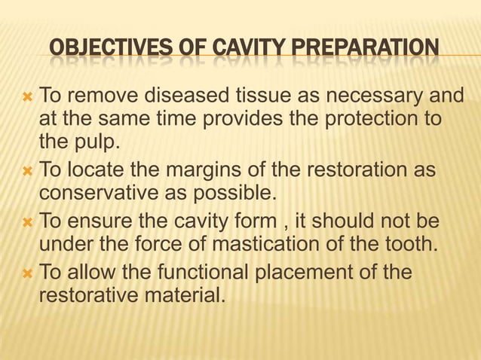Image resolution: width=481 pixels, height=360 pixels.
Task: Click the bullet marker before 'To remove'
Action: pyautogui.click(x=29, y=96)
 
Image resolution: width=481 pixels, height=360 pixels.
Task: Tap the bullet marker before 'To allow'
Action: pyautogui.click(x=29, y=271)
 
